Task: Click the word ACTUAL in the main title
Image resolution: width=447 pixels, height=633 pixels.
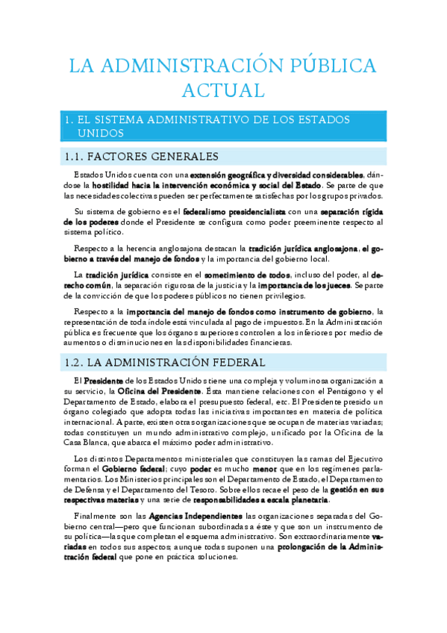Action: pyautogui.click(x=223, y=90)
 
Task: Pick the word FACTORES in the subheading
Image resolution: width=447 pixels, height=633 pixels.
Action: pyautogui.click(x=116, y=157)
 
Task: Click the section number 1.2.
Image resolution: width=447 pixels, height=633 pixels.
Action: pyautogui.click(x=72, y=364)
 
